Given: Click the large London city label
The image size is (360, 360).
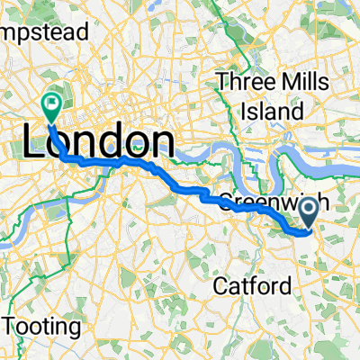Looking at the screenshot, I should coord(96,143).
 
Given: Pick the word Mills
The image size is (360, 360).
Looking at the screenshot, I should coord(302,80).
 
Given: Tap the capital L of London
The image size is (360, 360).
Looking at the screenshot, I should coord(34,143).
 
